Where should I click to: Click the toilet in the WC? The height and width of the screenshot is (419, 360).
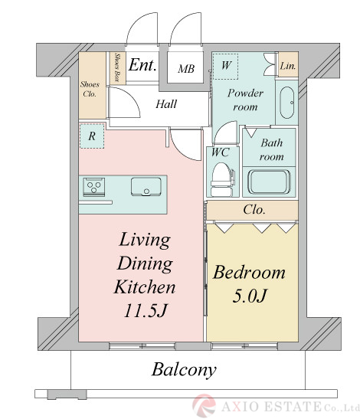click(222, 179)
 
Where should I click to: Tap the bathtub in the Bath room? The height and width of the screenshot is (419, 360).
click(269, 182)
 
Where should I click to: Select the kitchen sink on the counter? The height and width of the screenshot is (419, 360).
click(146, 187)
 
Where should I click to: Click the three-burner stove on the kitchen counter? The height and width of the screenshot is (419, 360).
click(93, 187)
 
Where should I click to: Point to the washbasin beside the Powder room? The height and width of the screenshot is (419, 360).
click(287, 103)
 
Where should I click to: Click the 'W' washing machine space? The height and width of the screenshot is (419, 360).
click(226, 67)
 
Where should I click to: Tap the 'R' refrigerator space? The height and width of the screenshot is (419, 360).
click(92, 136)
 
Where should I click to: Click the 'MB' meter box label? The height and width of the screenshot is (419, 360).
click(186, 69)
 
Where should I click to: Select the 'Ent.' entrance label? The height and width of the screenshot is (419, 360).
click(142, 64)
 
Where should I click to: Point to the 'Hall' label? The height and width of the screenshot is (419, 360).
click(166, 104)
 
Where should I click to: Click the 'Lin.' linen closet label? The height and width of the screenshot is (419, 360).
click(288, 66)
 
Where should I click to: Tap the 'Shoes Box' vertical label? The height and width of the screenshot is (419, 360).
click(116, 67)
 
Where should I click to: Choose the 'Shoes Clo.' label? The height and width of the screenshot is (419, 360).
click(90, 90)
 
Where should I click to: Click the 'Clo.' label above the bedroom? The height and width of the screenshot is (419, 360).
click(254, 210)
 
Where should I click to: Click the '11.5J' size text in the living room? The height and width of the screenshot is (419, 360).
click(146, 310)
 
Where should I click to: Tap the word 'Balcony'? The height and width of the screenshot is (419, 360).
click(184, 370)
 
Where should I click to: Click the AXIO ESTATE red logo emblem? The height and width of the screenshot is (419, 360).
click(205, 406)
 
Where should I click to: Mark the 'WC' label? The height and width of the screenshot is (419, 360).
click(221, 152)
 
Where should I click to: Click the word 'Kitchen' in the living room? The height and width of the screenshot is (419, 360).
click(145, 287)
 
